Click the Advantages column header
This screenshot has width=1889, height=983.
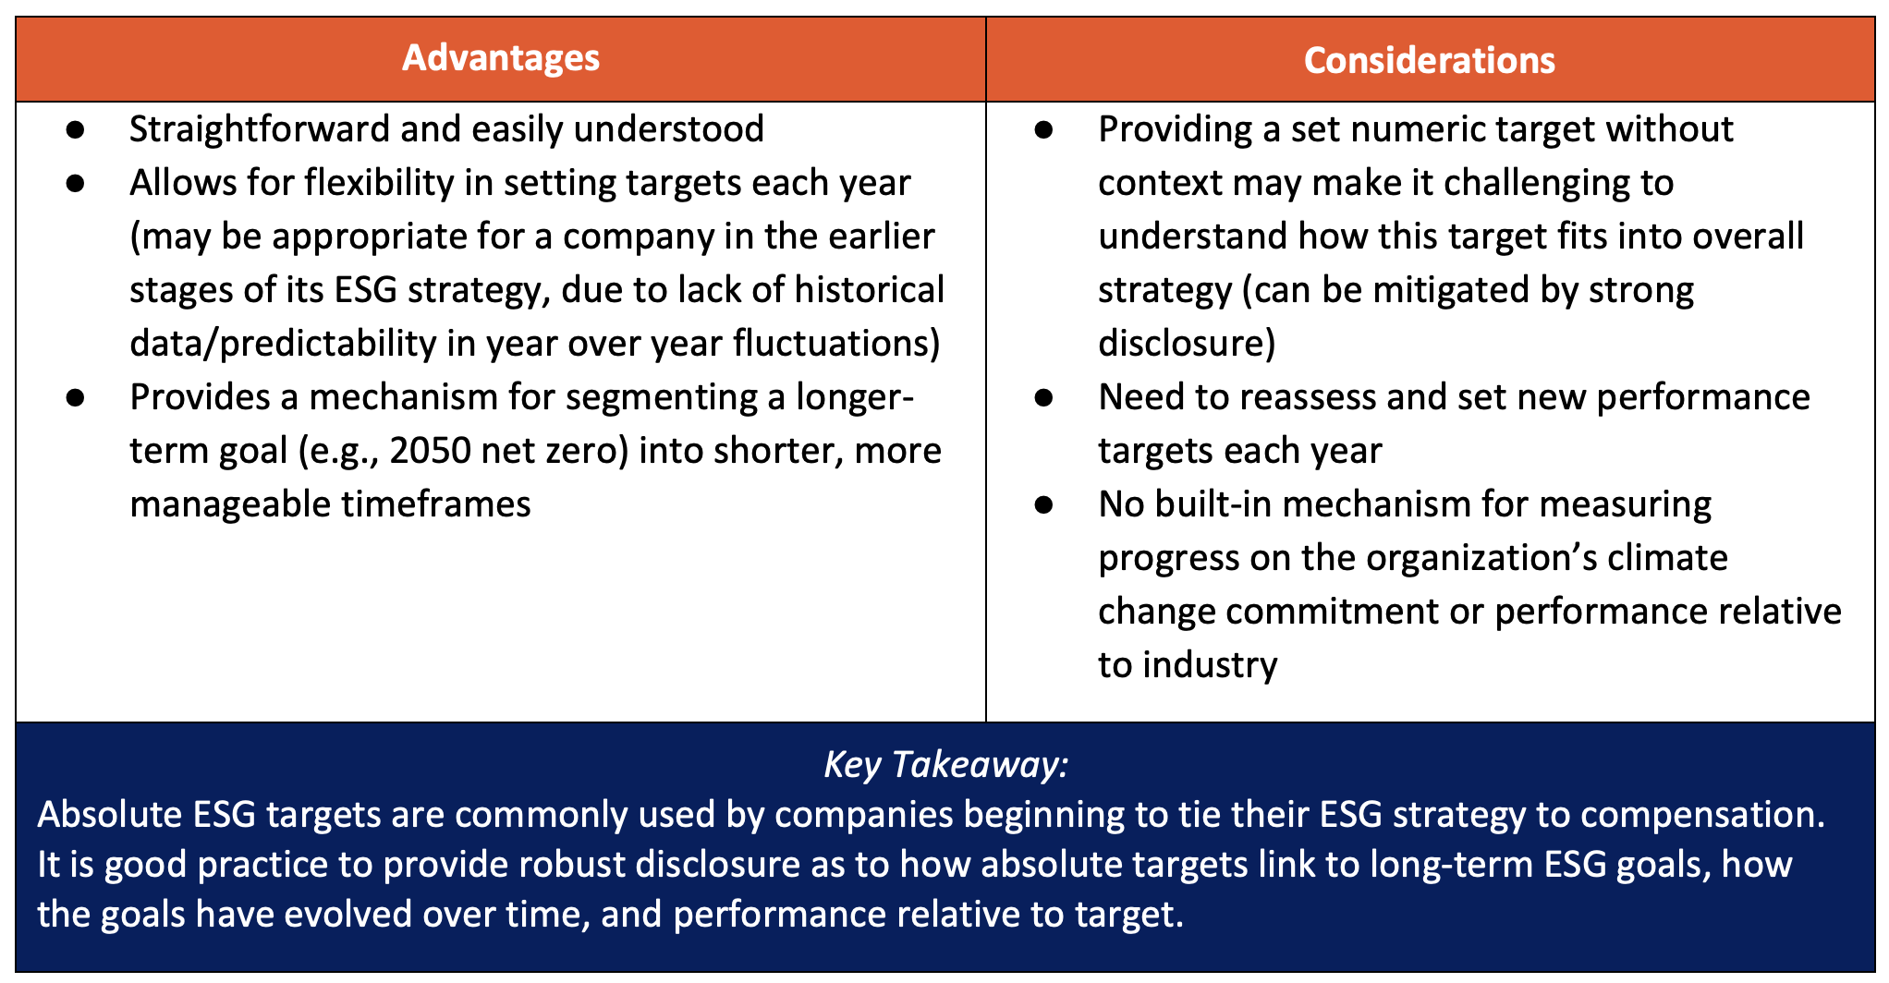tap(501, 58)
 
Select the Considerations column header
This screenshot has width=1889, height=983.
tap(1430, 60)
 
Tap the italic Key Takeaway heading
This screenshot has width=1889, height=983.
tap(945, 765)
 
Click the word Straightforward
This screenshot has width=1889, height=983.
tap(260, 129)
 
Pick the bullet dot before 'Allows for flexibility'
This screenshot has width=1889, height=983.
tap(76, 183)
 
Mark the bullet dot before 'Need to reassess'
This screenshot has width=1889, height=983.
tap(1044, 397)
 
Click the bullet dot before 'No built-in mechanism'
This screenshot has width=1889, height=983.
tap(1044, 504)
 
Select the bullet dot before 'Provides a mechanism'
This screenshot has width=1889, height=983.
tap(76, 397)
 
